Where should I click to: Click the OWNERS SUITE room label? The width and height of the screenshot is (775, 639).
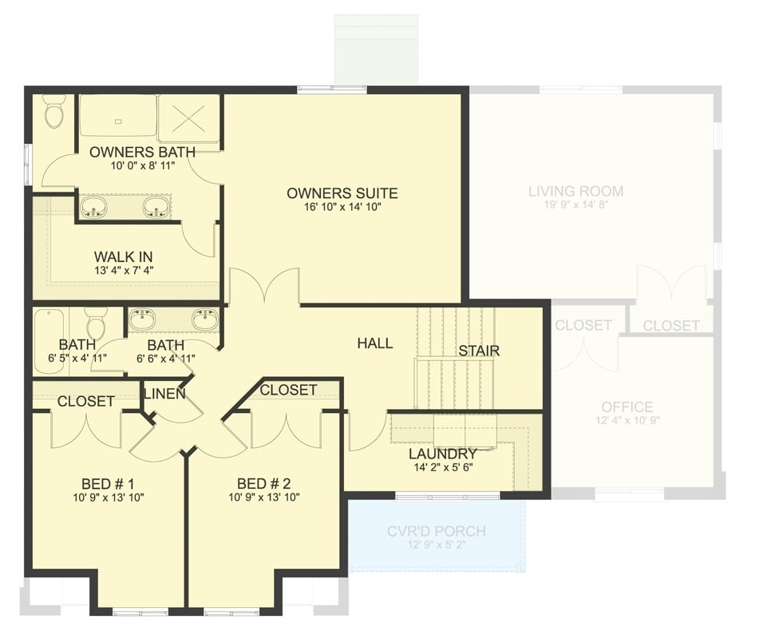(342, 193)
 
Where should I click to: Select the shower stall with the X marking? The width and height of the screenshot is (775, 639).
(188, 118)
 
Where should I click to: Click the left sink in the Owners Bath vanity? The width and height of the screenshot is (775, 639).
(94, 208)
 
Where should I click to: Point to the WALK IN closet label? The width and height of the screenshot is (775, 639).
(123, 256)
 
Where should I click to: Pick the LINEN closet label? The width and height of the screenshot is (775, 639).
(164, 394)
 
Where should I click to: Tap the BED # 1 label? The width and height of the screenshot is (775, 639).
(108, 484)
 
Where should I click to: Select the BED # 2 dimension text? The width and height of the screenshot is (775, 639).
(263, 498)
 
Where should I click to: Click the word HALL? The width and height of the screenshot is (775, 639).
(374, 343)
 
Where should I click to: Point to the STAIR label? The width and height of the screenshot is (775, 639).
(479, 351)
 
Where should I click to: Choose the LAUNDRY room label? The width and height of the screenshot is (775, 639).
(442, 454)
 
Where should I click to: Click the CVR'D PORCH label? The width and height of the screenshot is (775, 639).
(436, 531)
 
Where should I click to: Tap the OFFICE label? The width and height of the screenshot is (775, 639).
(627, 407)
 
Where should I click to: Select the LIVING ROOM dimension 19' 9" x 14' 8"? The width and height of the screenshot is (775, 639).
(575, 205)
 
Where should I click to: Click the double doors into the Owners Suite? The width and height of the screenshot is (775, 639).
(264, 288)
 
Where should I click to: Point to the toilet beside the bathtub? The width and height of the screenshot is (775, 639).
(97, 324)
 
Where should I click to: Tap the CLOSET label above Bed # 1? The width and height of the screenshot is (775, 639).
(85, 401)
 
